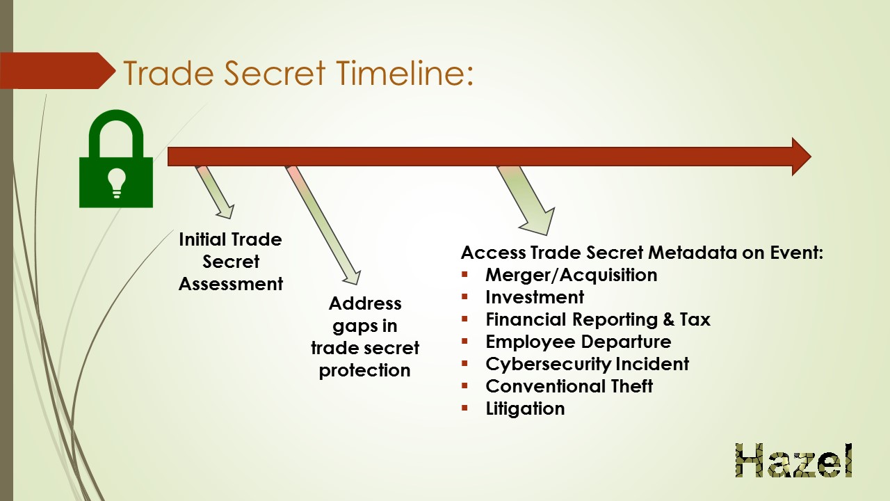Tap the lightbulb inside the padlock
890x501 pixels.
pos(116,183)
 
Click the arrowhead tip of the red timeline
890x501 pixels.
pos(811,157)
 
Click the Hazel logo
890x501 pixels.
pos(794,460)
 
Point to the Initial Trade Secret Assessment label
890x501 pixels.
pos(230,262)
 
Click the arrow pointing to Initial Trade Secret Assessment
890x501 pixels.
pos(215,192)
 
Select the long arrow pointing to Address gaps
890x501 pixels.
pos(323,225)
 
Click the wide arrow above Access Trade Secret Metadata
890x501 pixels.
pos(526,200)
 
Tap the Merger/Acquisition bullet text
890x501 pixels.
pos(572,275)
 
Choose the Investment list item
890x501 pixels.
pos(535,297)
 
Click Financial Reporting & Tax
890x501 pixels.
pos(598,319)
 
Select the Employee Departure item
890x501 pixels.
pos(578,342)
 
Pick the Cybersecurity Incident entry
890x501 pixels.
pos(588,364)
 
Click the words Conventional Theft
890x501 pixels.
pos(569,386)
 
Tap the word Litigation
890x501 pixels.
pos(525,408)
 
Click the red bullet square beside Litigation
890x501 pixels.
pos(464,408)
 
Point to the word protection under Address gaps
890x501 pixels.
pos(365,371)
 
